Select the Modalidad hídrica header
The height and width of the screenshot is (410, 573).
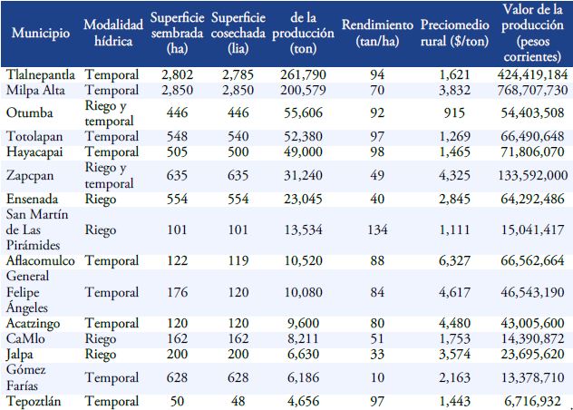click(112, 33)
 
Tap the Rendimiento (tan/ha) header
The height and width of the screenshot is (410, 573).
click(378, 33)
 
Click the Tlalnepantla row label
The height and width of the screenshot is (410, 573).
click(42, 73)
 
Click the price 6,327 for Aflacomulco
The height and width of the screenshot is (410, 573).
click(450, 261)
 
